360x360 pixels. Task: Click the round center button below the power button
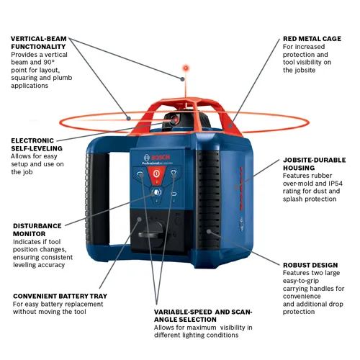[x=156, y=192]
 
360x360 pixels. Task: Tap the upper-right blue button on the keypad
[x=174, y=175]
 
